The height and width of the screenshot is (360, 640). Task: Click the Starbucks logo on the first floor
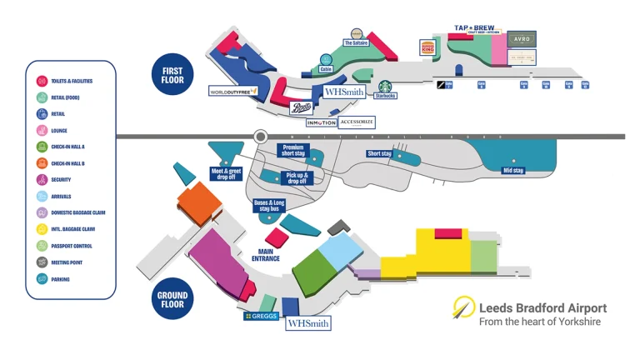(x=385, y=87)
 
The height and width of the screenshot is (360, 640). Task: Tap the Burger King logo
(x=427, y=47)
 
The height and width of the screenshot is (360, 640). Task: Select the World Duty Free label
(x=233, y=91)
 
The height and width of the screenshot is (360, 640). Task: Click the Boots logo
(x=302, y=107)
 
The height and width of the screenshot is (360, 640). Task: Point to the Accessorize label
(x=357, y=122)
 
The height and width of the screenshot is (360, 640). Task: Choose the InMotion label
(x=322, y=122)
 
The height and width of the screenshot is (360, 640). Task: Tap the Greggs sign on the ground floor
(x=260, y=316)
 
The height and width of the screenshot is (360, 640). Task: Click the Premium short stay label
(x=295, y=150)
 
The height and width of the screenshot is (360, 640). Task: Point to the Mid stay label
(x=512, y=171)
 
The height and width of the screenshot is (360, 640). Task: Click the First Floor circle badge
(x=172, y=73)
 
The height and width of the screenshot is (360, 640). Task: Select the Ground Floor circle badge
(x=172, y=299)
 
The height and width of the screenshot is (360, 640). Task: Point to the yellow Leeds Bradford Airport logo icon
(x=463, y=309)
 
